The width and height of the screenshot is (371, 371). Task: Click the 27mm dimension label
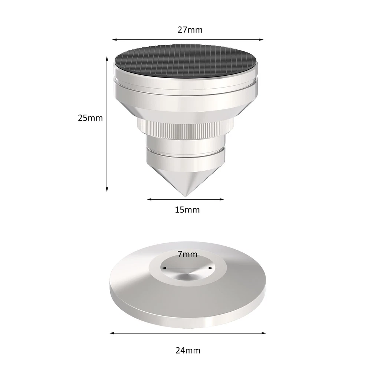[190, 30]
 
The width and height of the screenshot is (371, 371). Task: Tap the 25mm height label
[91, 118]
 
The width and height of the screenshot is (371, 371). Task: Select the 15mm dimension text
[187, 210]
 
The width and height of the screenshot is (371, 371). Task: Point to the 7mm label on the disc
[187, 254]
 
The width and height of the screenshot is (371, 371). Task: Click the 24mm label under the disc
[188, 351]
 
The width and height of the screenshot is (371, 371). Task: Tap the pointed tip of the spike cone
[185, 196]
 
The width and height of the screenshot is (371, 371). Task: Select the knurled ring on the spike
[185, 129]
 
